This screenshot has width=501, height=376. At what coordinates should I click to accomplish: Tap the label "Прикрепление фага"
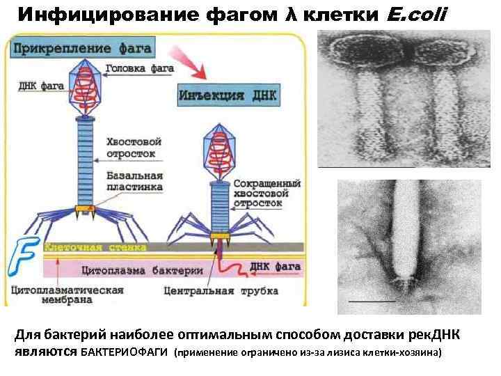coord(81,49)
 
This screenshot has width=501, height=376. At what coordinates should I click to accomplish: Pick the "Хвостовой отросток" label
coord(130,147)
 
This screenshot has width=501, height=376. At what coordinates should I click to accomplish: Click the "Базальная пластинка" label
coord(134,181)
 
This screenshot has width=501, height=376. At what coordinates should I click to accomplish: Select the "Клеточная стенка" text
coord(95,247)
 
